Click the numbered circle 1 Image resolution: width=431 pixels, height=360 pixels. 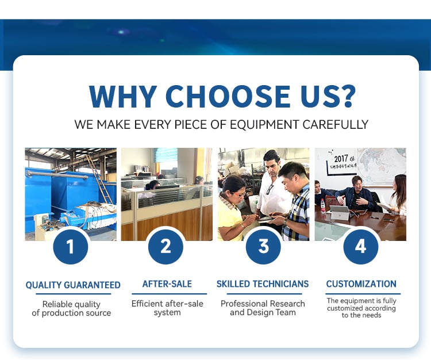71,247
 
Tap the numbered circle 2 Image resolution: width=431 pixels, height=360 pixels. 166,247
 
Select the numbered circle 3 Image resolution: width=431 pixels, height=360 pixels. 263,247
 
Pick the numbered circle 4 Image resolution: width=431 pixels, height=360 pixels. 361,247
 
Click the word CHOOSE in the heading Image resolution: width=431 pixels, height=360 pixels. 228,96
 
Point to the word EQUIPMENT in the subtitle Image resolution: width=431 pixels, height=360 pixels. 264,125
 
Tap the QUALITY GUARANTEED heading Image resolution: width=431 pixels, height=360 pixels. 73,285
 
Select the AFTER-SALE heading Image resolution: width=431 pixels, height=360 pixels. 167,284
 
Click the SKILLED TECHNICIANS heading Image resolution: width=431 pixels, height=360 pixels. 263,284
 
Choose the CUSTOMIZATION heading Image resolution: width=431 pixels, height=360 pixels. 361,284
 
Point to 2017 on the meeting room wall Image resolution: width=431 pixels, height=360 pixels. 341,159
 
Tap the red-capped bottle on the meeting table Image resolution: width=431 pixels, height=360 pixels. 323,206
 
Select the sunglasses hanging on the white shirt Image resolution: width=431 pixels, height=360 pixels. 270,189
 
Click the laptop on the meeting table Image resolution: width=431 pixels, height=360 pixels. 340,213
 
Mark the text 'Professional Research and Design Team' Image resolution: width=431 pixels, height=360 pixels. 263,308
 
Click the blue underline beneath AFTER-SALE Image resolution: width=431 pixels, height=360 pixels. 170,294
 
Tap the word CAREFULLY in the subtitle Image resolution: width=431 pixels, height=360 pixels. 336,125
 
